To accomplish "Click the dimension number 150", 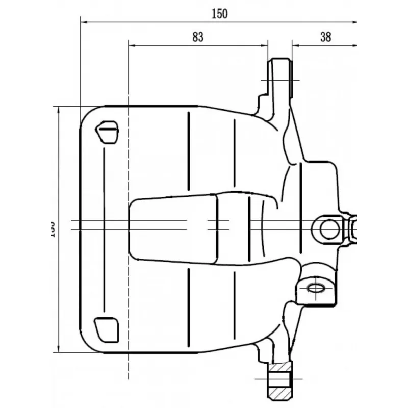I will [219, 14].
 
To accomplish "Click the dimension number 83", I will [198, 37].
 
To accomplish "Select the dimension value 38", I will [326, 37].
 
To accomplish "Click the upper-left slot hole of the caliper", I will [108, 132].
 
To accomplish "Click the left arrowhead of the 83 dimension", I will [132, 45].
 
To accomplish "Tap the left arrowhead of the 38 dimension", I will [295, 45].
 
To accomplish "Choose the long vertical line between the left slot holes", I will [104, 229].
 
